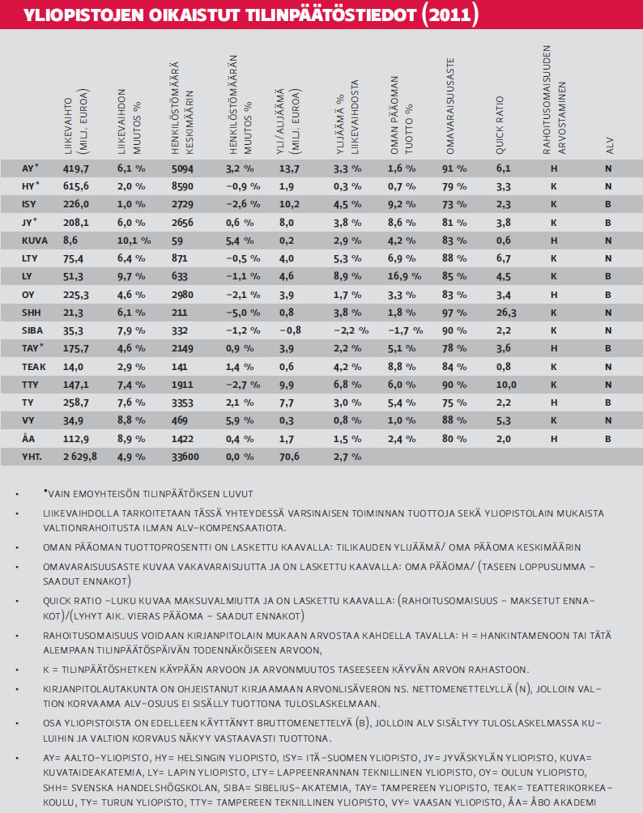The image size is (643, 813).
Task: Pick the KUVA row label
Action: click(x=35, y=240)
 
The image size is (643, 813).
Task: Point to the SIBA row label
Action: click(x=34, y=330)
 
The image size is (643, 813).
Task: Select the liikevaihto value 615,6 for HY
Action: click(x=78, y=186)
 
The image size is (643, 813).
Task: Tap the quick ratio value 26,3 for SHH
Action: click(x=508, y=313)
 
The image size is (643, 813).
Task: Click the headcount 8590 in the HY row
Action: click(x=185, y=186)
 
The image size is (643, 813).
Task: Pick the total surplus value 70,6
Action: click(x=289, y=457)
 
